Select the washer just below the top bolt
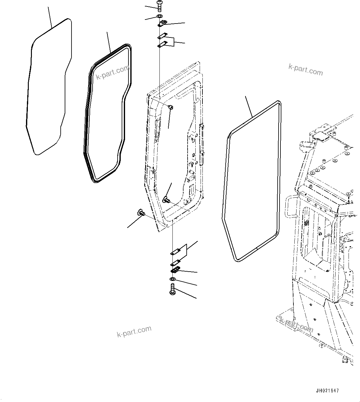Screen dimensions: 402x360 [159, 16]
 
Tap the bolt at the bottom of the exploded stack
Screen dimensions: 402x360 [172, 291]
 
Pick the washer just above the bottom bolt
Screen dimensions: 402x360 [172, 280]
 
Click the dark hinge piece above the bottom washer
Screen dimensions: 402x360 [175, 269]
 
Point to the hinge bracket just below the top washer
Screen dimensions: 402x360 [163, 24]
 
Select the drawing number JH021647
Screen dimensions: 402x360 [327, 391]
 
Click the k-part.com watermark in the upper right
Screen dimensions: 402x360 [306, 70]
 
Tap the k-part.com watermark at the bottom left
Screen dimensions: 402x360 [134, 332]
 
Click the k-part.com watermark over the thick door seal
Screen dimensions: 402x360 [113, 72]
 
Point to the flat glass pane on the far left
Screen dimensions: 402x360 [49, 87]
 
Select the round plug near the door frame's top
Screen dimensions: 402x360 [170, 107]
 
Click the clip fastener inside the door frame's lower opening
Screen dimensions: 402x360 [166, 199]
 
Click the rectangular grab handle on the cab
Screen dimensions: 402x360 [290, 207]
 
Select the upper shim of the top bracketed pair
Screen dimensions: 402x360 [163, 36]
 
